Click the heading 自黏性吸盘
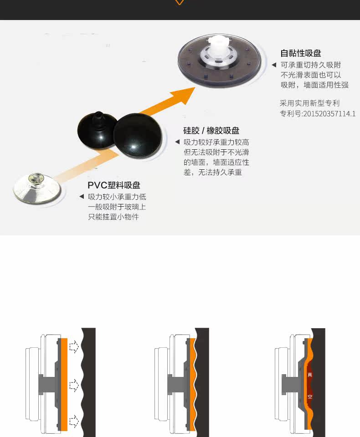300,53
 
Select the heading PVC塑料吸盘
114,185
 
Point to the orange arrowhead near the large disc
182,95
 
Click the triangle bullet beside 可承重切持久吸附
274,65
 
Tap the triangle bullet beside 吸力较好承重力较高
178,142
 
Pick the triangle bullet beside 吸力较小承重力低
82,197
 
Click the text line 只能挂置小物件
113,217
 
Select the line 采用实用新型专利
309,103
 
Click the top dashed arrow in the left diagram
73,347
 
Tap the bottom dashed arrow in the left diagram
73,418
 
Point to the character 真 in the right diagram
310,375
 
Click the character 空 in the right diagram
310,396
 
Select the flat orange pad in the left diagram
63,382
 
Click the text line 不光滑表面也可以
311,75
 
